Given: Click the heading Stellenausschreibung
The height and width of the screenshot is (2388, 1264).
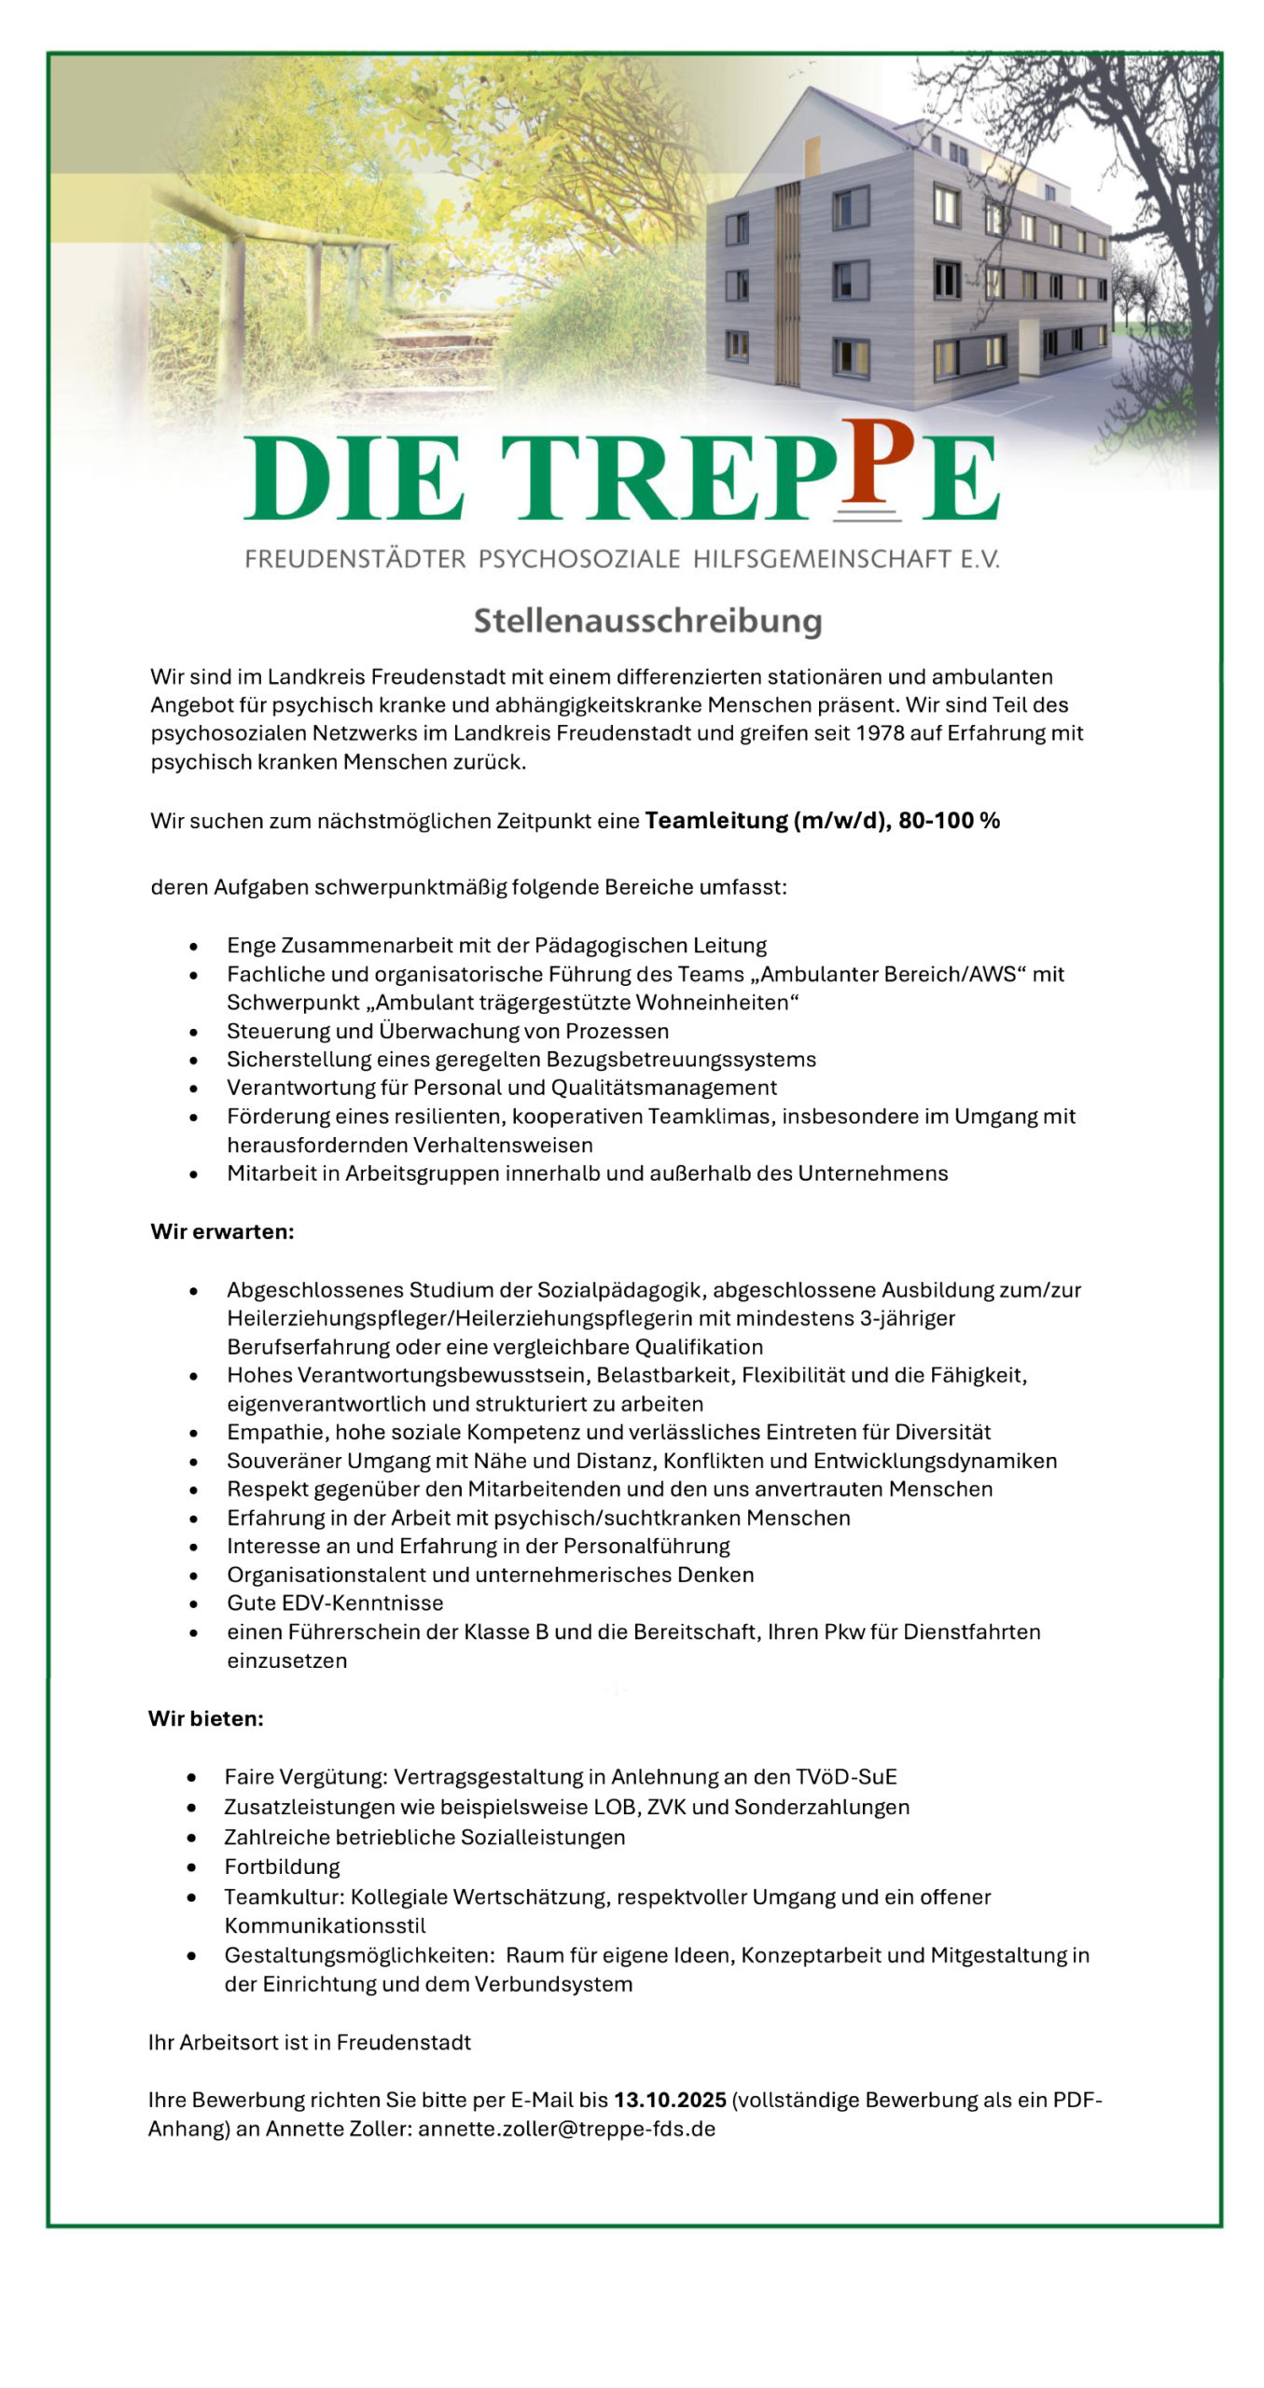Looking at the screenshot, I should pos(647,621).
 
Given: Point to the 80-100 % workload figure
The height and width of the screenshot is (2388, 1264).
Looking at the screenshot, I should pos(949,821).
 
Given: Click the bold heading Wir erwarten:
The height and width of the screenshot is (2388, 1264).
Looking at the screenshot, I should pos(222,1231).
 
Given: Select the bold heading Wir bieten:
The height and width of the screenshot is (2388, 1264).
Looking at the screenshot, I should pos(205,1718).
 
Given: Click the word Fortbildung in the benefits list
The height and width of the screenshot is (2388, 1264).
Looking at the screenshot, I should pos(282,1867).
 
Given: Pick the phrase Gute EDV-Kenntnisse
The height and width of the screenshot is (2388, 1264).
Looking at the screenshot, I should pos(335,1603).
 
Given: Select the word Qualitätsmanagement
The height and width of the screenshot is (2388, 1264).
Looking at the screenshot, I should pos(663,1088).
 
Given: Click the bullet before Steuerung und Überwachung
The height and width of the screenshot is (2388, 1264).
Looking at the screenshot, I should pos(193,1032).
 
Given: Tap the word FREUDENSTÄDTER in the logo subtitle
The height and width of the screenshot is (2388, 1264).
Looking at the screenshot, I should pos(354,560).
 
